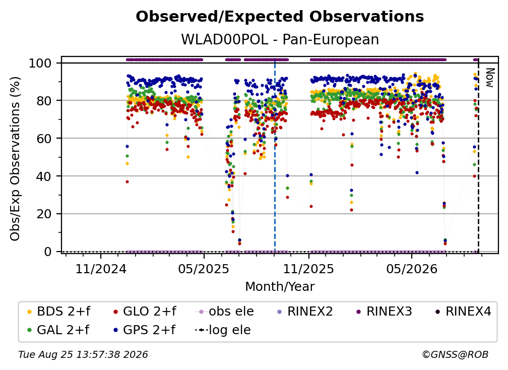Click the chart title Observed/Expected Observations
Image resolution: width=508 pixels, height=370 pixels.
point(280,17)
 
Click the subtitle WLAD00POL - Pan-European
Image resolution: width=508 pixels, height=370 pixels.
point(280,39)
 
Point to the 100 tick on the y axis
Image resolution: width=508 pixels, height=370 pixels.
point(40,63)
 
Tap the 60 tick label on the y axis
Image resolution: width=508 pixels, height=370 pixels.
point(44,138)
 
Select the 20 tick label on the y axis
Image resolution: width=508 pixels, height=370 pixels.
point(44,214)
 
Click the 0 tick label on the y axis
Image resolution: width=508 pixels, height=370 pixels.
point(48,252)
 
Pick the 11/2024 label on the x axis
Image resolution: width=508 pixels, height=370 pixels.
point(101,269)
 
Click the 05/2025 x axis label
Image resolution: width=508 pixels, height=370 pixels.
point(204,269)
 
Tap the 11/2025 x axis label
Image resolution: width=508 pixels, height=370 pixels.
point(308,269)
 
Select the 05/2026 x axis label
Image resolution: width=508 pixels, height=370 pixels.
point(411,269)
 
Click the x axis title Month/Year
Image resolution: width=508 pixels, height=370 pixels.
point(280,286)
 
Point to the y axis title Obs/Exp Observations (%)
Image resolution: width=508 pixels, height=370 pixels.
point(15,158)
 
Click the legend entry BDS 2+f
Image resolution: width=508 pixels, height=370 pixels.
point(58,312)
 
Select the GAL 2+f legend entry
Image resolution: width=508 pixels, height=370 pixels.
point(58,330)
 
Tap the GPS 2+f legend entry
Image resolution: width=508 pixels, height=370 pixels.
point(144,330)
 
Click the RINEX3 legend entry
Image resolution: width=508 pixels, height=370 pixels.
point(384,312)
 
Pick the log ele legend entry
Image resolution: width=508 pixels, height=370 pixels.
point(223,330)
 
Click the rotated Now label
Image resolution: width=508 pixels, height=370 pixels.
point(489,78)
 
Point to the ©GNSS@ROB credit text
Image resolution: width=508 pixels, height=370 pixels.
point(455,354)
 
